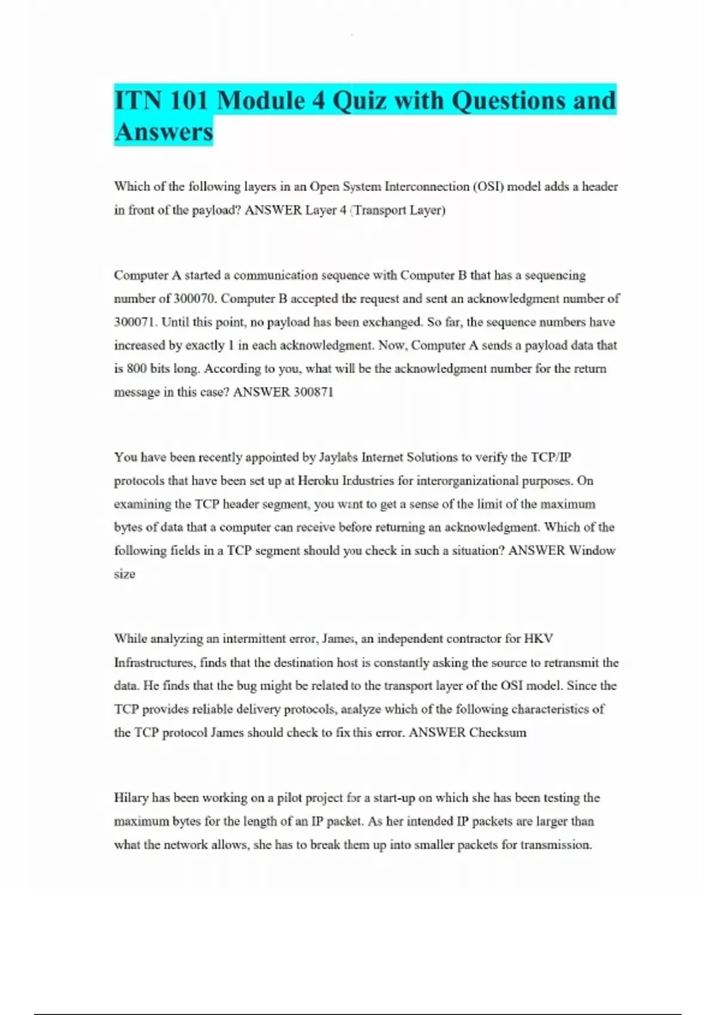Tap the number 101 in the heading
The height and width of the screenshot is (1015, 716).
(x=189, y=100)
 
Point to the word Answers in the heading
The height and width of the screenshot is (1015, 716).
(x=163, y=132)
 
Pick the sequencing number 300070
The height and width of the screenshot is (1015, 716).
(x=194, y=299)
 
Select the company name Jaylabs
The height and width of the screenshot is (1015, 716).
(x=338, y=457)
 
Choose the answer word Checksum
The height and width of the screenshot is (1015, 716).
(x=498, y=733)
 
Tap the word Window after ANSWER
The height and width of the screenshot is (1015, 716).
(x=592, y=550)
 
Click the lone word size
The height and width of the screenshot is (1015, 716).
(x=125, y=574)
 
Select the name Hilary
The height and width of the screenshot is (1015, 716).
(x=131, y=798)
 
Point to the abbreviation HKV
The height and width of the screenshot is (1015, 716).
(x=539, y=639)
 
